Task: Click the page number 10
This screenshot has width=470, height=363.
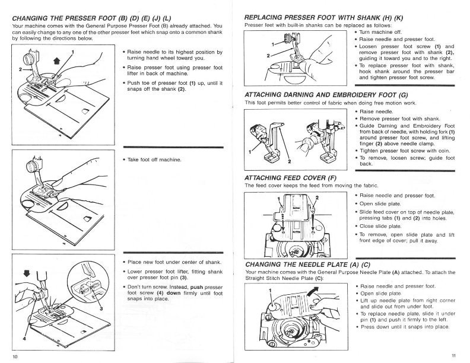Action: point(15,356)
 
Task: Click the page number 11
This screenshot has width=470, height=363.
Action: point(453,356)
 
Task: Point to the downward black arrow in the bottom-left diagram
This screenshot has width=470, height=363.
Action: point(26,274)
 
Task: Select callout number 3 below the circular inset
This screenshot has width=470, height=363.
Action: point(101,308)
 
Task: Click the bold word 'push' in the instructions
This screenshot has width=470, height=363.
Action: point(199,286)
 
